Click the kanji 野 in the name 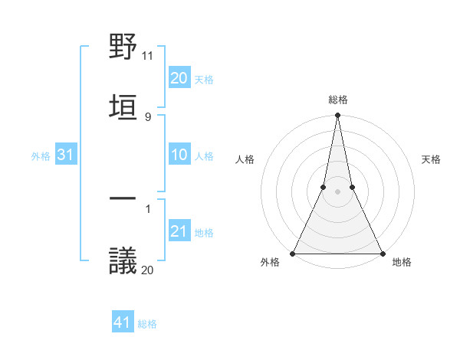pos(123,47)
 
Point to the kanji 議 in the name pos(123,260)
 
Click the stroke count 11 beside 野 pos(148,56)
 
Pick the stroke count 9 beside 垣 pos(147,116)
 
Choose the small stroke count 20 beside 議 pos(148,269)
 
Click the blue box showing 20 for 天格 pos(179,78)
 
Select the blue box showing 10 pos(179,155)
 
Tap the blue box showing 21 pos(179,231)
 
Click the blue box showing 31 pos(66,155)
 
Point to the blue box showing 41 pos(123,323)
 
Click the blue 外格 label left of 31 pos(41,156)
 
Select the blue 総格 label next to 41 pos(147,324)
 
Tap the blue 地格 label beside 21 pos(204,232)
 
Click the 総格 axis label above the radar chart pos(337,100)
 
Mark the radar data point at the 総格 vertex pos(337,116)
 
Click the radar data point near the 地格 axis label pos(381,253)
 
